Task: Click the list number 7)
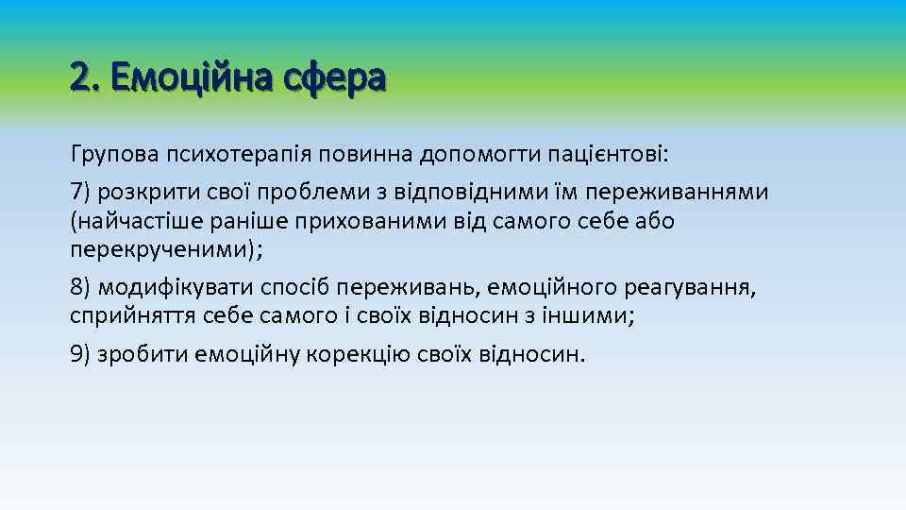81,192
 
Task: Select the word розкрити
143,192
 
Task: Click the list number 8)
81,287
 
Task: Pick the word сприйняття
133,315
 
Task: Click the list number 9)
81,354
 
